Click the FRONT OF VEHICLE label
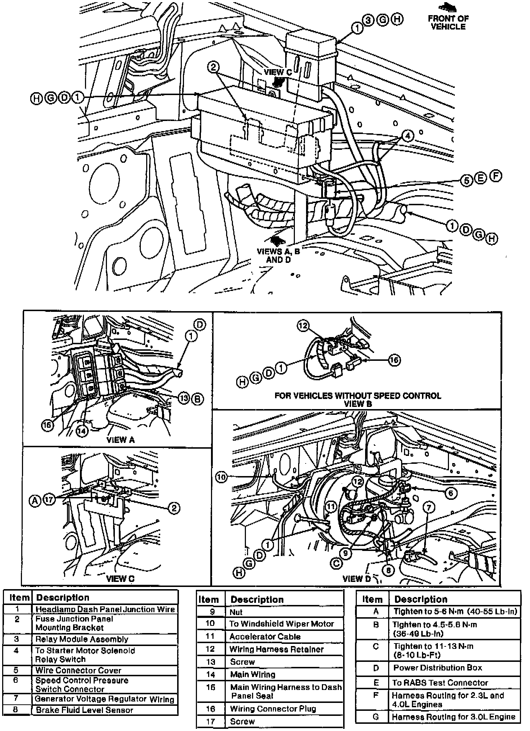tap(448, 22)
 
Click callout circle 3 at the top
tap(369, 20)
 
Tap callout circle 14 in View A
tap(82, 431)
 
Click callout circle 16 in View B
tap(395, 360)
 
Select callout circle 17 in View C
tap(49, 499)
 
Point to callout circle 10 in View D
tap(221, 477)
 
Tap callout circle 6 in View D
tap(451, 493)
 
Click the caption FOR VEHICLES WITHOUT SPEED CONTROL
tap(358, 396)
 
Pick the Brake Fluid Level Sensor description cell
tap(84, 710)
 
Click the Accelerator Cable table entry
tap(265, 636)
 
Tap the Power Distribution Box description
tap(437, 668)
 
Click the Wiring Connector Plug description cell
tap(273, 709)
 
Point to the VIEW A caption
tap(121, 440)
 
